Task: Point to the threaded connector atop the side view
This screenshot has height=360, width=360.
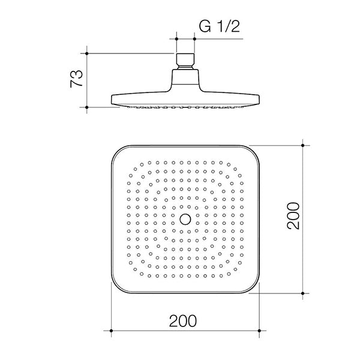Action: (x=185, y=61)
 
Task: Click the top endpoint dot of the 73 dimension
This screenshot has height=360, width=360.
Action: (x=88, y=53)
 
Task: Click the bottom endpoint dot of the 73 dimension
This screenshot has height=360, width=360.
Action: (x=88, y=108)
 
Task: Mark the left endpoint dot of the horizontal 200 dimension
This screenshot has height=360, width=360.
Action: (x=112, y=330)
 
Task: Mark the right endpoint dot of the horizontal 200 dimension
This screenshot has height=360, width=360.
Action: (x=260, y=330)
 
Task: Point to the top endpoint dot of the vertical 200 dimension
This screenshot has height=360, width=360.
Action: (x=303, y=144)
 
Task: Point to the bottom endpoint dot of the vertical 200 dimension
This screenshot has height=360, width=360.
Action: (x=303, y=293)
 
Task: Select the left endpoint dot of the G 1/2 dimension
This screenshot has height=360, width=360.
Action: (x=177, y=39)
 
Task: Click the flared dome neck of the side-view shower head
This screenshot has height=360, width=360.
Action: (x=185, y=81)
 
